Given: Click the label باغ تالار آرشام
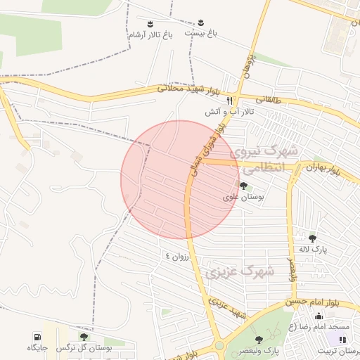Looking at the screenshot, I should [x=150, y=34].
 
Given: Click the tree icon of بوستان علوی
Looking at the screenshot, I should [x=243, y=186].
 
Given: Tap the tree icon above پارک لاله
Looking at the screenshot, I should [x=313, y=238].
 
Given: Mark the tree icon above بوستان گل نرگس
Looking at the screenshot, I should [x=84, y=337].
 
